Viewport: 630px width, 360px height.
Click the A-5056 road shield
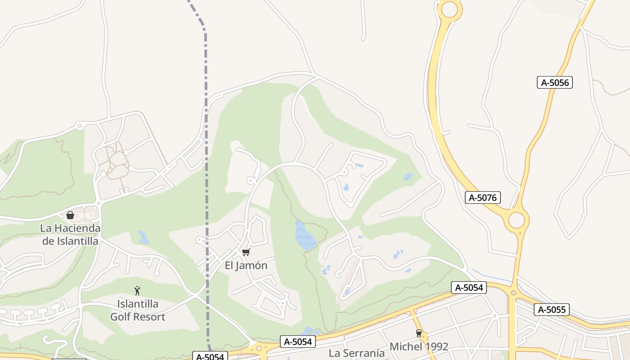[x=554, y=82]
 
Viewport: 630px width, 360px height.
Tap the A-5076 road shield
[x=482, y=197]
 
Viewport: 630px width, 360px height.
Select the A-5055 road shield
[x=552, y=310]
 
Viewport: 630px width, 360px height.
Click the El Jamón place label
[x=246, y=265]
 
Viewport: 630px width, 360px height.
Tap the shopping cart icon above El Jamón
[x=246, y=252]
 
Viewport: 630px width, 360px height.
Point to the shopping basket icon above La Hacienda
[x=70, y=215]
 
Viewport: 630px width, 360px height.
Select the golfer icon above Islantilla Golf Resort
[x=137, y=291]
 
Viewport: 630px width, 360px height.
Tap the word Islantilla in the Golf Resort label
[x=138, y=304]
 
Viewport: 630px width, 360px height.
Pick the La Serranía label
[x=356, y=353]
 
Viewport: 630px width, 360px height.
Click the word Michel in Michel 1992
[x=405, y=346]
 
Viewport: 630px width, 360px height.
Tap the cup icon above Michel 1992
[x=419, y=333]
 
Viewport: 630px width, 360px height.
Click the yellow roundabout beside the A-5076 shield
[x=517, y=220]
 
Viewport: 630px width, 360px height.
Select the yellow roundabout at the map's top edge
[x=449, y=9]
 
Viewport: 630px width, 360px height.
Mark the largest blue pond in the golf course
[x=305, y=235]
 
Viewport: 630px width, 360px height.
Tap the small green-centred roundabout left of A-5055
[x=513, y=293]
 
